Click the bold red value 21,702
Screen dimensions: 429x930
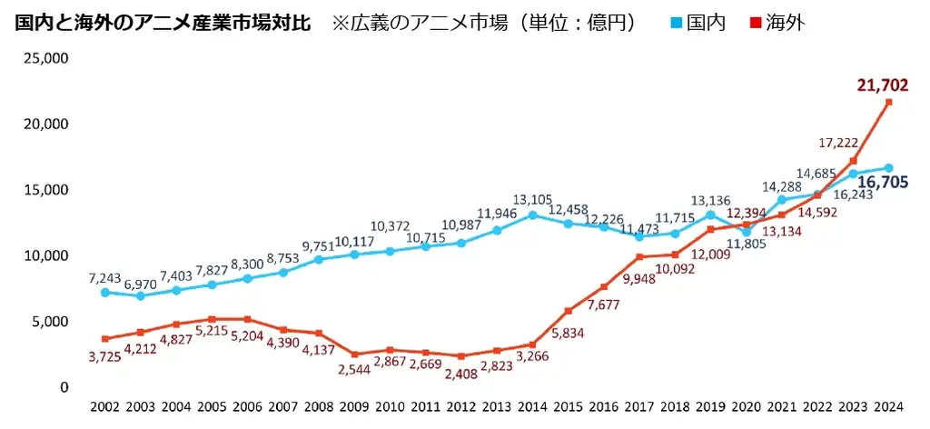pyautogui.click(x=882, y=85)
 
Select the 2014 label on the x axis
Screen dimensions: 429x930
pyautogui.click(x=532, y=408)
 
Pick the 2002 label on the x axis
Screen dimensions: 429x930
pyautogui.click(x=105, y=408)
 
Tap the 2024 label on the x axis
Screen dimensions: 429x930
pyautogui.click(x=888, y=408)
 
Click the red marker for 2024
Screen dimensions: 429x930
pyautogui.click(x=888, y=102)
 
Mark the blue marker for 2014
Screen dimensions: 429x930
pyautogui.click(x=532, y=215)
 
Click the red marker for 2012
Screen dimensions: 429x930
pyautogui.click(x=461, y=356)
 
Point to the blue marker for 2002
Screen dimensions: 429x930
pyautogui.click(x=105, y=293)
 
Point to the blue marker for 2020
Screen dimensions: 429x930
pyautogui.click(x=747, y=232)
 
